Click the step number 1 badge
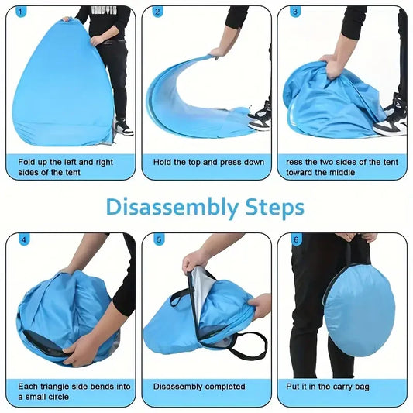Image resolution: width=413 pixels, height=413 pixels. [21, 12]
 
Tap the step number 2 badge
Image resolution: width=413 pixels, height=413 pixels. [157, 12]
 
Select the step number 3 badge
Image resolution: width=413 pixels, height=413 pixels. [295, 12]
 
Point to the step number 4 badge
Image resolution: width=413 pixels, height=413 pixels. [24, 240]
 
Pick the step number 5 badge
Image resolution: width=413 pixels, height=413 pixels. [159, 240]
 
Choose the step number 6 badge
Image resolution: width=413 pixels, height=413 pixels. [297, 240]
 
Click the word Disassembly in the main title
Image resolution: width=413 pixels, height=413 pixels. [173, 208]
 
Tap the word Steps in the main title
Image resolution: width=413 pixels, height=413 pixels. [275, 208]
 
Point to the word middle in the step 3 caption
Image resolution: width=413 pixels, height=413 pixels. [343, 173]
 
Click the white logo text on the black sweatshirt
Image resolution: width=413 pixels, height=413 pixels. [104, 10]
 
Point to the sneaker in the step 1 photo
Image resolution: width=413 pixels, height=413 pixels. [125, 127]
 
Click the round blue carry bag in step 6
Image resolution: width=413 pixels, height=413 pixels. [360, 311]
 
